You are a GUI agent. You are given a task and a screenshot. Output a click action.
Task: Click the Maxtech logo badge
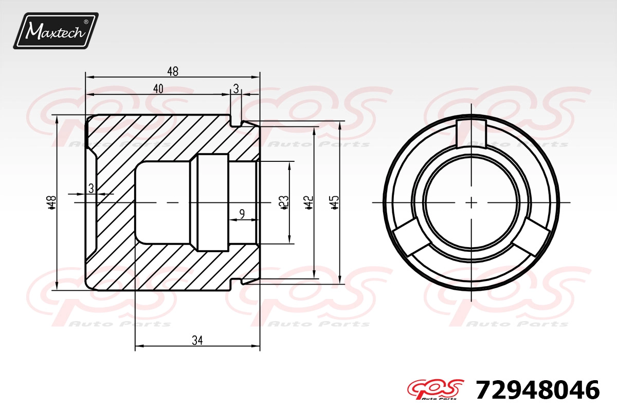tap(56, 31)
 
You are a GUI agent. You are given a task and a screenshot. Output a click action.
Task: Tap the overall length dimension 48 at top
tap(173, 71)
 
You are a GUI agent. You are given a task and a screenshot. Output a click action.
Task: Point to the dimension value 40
tap(158, 89)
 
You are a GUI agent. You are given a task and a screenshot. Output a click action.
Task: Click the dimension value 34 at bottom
tap(197, 341)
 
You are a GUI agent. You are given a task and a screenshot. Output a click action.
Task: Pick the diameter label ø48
tap(52, 202)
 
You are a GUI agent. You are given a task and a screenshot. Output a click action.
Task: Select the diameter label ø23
tap(283, 202)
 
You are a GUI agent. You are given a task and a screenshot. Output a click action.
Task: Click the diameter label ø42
tap(309, 202)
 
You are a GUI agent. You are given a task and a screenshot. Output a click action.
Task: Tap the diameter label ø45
tap(334, 202)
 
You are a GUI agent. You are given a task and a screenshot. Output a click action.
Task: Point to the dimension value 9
tap(242, 214)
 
